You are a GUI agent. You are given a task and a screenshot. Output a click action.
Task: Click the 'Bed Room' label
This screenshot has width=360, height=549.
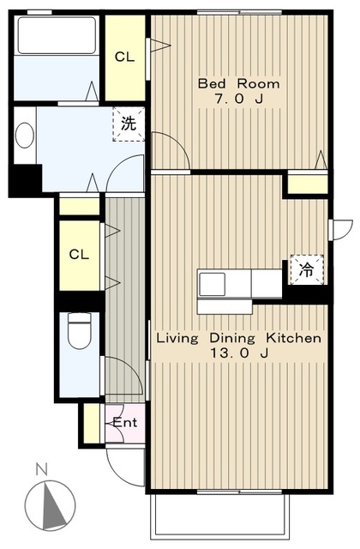point(238,84)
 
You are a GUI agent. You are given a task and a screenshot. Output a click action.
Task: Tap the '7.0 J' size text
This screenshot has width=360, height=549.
point(238,100)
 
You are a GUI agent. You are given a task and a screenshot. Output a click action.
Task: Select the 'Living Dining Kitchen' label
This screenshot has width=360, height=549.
point(238,338)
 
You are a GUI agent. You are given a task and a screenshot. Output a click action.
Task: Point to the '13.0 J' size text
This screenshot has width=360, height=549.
point(238,353)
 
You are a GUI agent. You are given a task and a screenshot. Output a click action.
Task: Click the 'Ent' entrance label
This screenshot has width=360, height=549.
point(125,423)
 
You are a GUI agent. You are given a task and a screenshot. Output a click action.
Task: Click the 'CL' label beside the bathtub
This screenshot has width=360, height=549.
point(124,57)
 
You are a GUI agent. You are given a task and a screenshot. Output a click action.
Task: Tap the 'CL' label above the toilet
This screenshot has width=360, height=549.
point(79,255)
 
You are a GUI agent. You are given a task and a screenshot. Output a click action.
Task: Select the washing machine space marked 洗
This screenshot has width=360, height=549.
point(129,124)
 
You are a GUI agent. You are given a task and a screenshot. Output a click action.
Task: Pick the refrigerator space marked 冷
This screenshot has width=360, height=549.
point(307,269)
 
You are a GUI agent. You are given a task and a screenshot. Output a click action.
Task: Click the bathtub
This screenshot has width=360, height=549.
point(57,35)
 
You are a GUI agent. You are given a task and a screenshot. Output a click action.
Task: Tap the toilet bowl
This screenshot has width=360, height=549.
point(79,331)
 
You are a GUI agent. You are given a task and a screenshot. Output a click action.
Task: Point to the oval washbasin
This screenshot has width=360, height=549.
point(25,135)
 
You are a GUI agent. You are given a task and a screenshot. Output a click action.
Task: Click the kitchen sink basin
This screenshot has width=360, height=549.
point(212,284)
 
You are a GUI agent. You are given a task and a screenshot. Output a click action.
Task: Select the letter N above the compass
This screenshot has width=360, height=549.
point(42,469)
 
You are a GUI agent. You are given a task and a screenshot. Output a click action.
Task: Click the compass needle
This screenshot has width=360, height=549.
point(52,504)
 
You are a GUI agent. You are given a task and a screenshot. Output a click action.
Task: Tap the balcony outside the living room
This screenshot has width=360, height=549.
point(220,516)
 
